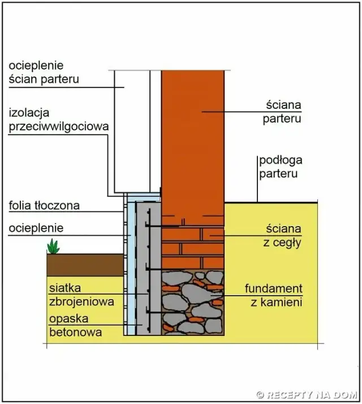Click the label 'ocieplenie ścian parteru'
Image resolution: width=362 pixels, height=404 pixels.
click(x=44, y=72)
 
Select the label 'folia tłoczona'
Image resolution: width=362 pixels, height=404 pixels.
click(x=44, y=205)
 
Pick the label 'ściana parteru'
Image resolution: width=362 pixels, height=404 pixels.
click(x=282, y=112)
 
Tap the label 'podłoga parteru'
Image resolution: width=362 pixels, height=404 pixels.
click(x=278, y=167)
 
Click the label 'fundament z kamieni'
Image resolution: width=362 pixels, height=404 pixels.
click(x=273, y=295)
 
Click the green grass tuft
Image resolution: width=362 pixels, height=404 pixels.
click(x=54, y=246)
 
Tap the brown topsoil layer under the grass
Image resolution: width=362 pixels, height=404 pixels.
click(x=85, y=265)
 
